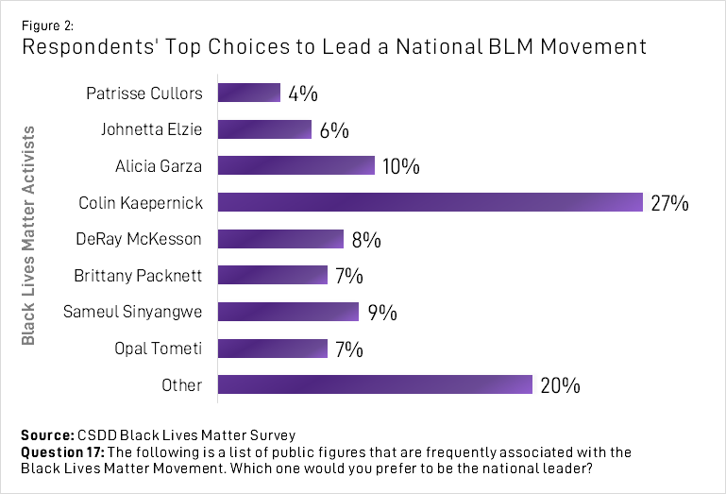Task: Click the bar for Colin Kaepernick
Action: pyautogui.click(x=431, y=202)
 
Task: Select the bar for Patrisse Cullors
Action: pyautogui.click(x=249, y=93)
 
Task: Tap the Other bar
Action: pyautogui.click(x=376, y=384)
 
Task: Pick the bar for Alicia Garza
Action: pyautogui.click(x=296, y=166)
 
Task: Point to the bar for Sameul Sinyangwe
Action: pyautogui.click(x=289, y=312)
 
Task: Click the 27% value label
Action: pyautogui.click(x=670, y=203)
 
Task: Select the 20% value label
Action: pyautogui.click(x=560, y=385)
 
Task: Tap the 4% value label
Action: pyautogui.click(x=303, y=94)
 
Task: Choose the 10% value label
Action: pyautogui.click(x=400, y=167)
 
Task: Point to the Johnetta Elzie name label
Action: pyautogui.click(x=151, y=129)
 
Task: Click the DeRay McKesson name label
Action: pyautogui.click(x=139, y=239)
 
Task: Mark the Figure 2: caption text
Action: pyautogui.click(x=46, y=15)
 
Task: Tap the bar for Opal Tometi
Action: pyautogui.click(x=273, y=349)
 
